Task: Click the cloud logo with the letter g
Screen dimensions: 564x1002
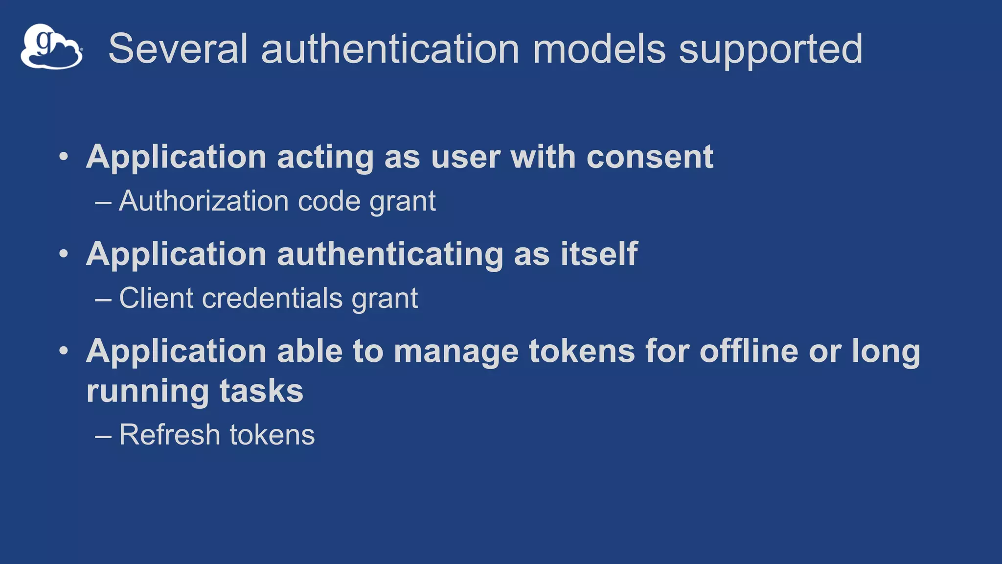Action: click(x=51, y=47)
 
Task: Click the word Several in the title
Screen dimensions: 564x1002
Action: click(x=178, y=48)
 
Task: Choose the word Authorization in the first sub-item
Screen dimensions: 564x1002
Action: click(x=205, y=201)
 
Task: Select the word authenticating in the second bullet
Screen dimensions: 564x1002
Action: click(x=390, y=255)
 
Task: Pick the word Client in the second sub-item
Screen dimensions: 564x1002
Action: click(x=157, y=298)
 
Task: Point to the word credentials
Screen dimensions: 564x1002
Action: click(x=272, y=298)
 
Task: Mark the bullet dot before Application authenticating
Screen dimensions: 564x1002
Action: click(x=64, y=254)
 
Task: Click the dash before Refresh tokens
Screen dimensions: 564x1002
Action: click(x=103, y=435)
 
